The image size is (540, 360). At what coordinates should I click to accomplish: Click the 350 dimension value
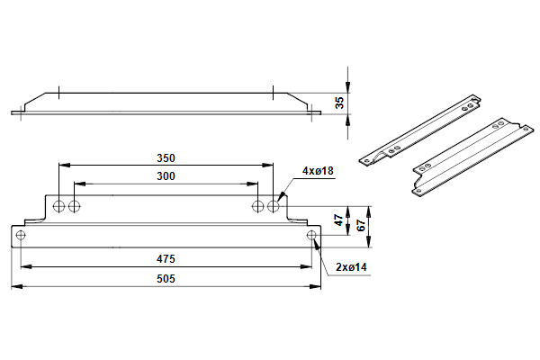coord(165,157)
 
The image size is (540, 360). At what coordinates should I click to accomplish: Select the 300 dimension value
coord(165,176)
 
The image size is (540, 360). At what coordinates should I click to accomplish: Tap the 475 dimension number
coord(165,258)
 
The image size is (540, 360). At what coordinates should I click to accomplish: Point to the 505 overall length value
coord(165,279)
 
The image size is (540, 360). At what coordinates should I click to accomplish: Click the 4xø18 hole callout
coord(318,171)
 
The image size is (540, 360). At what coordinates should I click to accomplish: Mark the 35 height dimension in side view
coord(338,103)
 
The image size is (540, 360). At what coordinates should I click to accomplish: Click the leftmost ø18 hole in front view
coord(58,206)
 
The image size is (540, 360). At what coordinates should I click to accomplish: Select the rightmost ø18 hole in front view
coord(274,206)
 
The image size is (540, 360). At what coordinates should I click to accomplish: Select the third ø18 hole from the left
coord(257,206)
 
